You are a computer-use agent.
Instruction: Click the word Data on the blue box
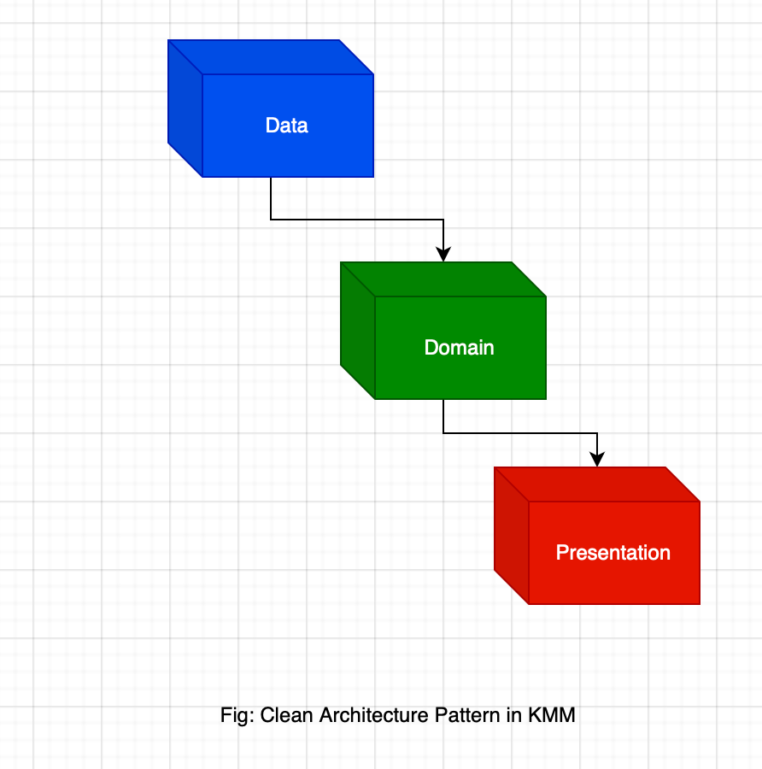click(x=286, y=126)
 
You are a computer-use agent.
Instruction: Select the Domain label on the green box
click(x=459, y=348)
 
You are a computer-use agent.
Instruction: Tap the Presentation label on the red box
click(x=613, y=553)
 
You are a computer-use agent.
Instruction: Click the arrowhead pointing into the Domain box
click(x=443, y=254)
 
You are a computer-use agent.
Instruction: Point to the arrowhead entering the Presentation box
click(x=597, y=459)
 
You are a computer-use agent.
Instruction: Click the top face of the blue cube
click(x=271, y=56)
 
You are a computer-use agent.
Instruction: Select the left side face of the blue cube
click(x=185, y=109)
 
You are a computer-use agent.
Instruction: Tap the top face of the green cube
click(x=443, y=279)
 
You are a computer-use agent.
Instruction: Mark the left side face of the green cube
click(x=357, y=331)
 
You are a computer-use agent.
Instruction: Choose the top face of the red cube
click(x=597, y=484)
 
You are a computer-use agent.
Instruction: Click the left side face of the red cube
click(x=512, y=536)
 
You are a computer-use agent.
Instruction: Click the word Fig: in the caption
click(x=237, y=715)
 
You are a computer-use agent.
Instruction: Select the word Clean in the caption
click(x=287, y=715)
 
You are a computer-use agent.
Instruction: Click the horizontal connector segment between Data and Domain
click(x=357, y=220)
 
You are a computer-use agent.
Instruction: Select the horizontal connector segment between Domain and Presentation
click(x=519, y=433)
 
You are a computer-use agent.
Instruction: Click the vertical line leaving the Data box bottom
click(x=271, y=198)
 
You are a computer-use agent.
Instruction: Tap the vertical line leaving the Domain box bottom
click(x=443, y=416)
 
